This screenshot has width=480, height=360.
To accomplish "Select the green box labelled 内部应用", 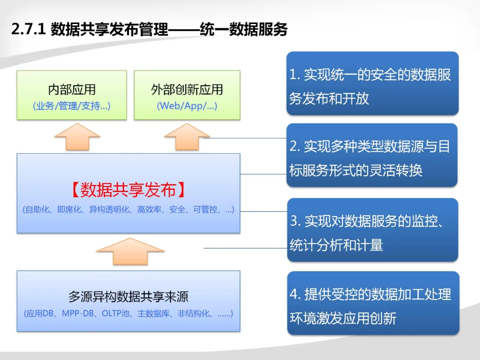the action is click(x=72, y=95).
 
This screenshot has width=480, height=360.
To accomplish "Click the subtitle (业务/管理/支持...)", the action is click(x=72, y=106).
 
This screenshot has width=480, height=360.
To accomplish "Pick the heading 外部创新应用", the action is click(x=187, y=90).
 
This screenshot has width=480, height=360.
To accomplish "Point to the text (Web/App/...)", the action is click(x=187, y=106).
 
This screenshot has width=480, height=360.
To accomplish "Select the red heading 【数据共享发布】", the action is click(x=128, y=190).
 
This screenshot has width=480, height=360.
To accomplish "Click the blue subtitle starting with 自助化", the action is click(x=128, y=210).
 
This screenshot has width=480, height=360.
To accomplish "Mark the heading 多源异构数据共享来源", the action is click(x=128, y=296).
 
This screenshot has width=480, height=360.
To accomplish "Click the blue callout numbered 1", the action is click(x=372, y=84).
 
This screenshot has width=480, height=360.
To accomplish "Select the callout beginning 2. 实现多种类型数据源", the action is click(x=372, y=155).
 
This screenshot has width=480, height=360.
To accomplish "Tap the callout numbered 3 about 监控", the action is click(x=372, y=230).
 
